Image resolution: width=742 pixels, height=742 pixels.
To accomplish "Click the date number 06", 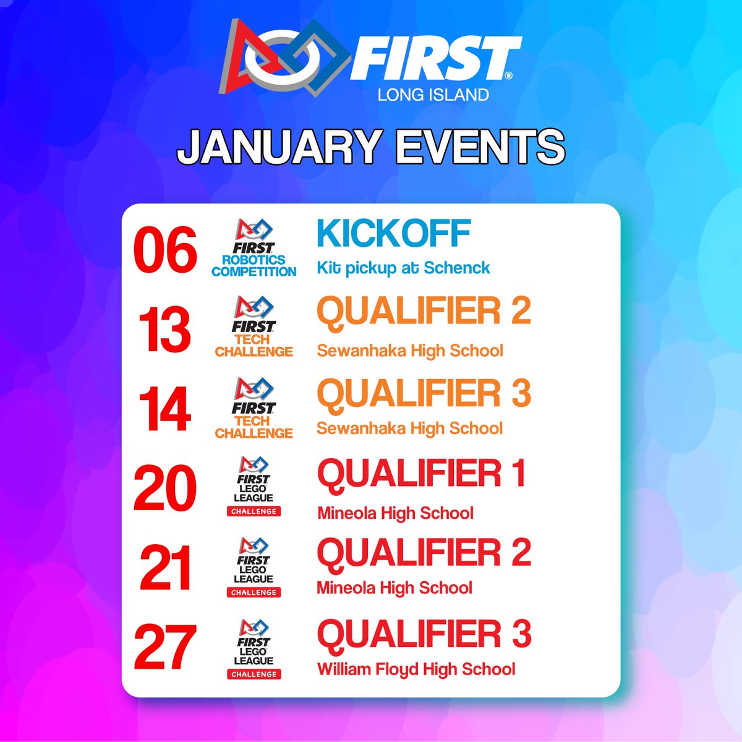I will coord(165,250).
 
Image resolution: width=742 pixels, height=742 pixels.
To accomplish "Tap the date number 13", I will coord(164,331).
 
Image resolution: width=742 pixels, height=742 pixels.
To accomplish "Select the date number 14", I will coord(164,411).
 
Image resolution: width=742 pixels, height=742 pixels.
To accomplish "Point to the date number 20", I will coord(164,488).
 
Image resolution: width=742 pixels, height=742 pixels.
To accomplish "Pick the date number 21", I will coord(165,569).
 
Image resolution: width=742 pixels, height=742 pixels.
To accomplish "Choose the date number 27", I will coord(165,647).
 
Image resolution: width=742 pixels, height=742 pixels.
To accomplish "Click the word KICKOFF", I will coord(394,234).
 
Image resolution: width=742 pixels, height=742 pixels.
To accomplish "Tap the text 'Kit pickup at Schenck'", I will coord(403,268).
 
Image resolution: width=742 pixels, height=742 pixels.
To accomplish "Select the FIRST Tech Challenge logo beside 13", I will coord(254,327).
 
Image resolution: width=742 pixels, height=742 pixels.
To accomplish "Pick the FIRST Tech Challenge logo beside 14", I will coord(254,409).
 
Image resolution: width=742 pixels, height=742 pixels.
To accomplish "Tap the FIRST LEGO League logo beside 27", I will coord(254,649).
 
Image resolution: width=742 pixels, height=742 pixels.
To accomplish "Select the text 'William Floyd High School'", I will coord(416,669).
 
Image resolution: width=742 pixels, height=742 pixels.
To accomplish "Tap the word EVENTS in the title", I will coord(477,147).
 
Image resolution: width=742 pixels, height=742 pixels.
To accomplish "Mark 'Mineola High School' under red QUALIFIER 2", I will coord(394,587).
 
